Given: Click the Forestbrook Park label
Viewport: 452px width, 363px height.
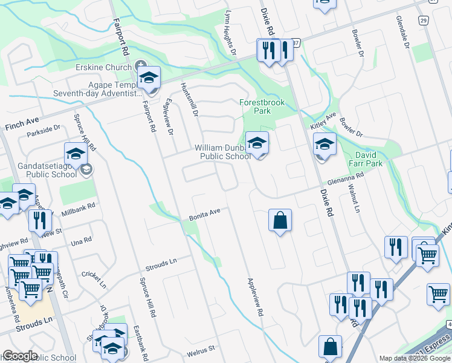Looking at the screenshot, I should pyautogui.click(x=262, y=107).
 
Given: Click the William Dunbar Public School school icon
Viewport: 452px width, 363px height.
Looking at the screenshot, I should pyautogui.click(x=257, y=144).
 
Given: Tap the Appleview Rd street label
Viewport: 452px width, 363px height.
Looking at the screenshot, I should pyautogui.click(x=256, y=297).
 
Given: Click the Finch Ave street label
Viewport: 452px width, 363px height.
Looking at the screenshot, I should pyautogui.click(x=22, y=126).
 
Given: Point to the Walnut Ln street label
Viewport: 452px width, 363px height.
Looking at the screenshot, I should pyautogui.click(x=351, y=199).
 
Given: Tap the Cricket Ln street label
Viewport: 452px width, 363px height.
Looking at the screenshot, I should pyautogui.click(x=94, y=280).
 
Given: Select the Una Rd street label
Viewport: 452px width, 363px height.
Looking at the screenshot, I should pyautogui.click(x=81, y=239).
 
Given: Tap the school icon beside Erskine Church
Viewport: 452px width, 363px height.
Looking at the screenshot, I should pyautogui.click(x=149, y=78).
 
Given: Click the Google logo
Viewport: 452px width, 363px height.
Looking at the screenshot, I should pyautogui.click(x=21, y=356).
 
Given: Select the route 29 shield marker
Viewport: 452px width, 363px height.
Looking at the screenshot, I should pyautogui.click(x=424, y=20).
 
